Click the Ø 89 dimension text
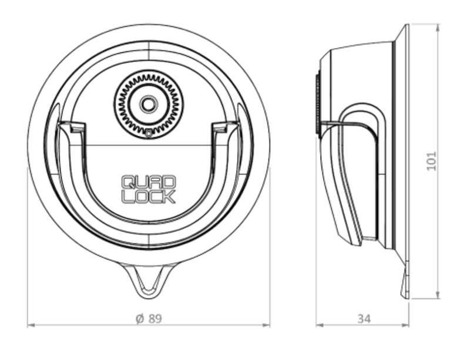(148, 319)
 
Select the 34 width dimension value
(364, 319)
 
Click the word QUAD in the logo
(148, 182)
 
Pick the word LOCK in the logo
(148, 197)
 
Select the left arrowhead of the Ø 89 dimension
(31, 326)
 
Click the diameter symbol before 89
(140, 319)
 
